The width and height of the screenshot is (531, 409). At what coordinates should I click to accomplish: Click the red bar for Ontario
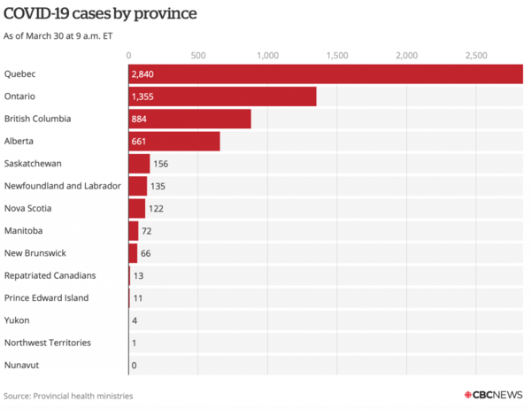[x=222, y=96]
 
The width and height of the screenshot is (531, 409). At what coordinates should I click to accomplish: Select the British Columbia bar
[x=189, y=119]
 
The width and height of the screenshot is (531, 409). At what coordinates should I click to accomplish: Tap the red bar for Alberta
[x=174, y=141]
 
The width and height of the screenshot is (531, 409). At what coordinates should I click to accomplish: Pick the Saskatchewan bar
[x=139, y=164]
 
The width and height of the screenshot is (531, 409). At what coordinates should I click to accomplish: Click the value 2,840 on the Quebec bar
[x=143, y=73]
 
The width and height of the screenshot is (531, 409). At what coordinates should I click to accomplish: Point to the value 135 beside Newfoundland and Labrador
[x=159, y=186]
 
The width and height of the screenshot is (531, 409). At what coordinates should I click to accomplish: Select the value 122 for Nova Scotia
[x=157, y=209]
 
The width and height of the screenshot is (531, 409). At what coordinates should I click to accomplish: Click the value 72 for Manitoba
[x=148, y=231]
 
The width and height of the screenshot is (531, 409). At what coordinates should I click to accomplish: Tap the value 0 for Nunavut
[x=134, y=365]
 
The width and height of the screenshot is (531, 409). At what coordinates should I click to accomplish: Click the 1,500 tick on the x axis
[x=337, y=56]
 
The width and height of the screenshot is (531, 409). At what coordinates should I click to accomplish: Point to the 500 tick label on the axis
[x=197, y=56]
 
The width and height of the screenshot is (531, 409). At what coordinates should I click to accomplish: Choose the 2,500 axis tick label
[x=475, y=56]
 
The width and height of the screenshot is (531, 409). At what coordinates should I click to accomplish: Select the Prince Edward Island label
[x=46, y=298]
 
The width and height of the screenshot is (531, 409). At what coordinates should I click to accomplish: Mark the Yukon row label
[x=16, y=320]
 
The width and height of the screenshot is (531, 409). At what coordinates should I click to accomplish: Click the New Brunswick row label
[x=35, y=253]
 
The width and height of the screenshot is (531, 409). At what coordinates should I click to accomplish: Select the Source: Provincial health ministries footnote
[x=68, y=396]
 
